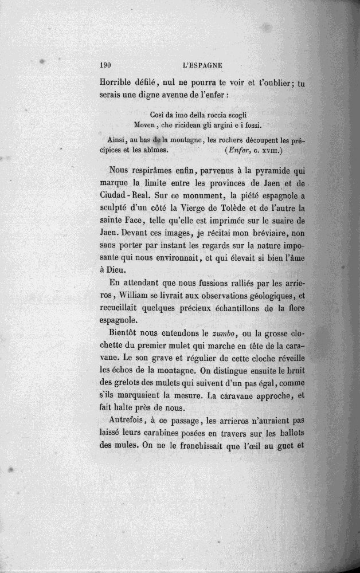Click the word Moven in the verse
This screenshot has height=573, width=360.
[x=144, y=124]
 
